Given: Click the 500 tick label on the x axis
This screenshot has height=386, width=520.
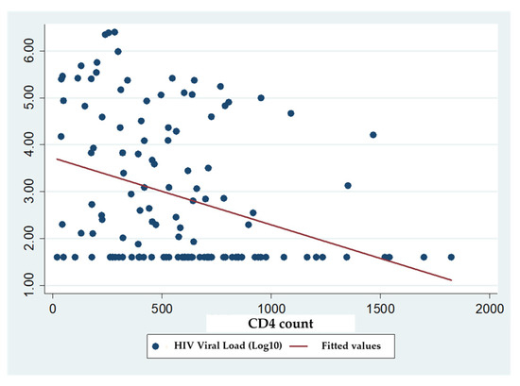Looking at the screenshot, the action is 162,309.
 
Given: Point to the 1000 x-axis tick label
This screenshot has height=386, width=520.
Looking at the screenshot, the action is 271,309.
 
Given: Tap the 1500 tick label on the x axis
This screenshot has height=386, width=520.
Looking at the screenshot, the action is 380,309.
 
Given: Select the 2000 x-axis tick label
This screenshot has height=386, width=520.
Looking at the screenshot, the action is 490,309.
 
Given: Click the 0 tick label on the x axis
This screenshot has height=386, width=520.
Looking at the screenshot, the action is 53,309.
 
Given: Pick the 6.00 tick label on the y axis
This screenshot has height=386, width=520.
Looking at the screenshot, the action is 29,50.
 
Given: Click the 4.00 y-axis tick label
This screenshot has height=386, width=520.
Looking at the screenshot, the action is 29,144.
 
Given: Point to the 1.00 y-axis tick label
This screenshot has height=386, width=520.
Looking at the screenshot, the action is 29,285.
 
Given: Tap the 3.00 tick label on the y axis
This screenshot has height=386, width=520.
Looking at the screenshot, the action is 29,192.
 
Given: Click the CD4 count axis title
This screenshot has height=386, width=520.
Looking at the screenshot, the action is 281,324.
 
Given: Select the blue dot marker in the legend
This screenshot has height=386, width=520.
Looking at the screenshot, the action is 156,346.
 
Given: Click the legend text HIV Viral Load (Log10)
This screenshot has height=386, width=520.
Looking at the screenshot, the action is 228,345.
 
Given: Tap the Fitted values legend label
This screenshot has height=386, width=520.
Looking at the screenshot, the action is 351,346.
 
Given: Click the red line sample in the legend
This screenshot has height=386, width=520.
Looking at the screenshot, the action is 299,346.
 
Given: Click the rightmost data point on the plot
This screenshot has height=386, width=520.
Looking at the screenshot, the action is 451,257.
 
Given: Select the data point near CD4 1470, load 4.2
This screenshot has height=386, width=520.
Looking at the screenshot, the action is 373,135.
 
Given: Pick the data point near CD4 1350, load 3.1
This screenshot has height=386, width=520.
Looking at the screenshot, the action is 348,185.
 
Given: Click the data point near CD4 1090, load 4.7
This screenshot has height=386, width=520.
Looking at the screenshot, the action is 291,113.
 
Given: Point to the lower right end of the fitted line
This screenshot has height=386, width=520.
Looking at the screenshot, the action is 451,280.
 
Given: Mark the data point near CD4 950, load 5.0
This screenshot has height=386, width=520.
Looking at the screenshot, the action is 261,97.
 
